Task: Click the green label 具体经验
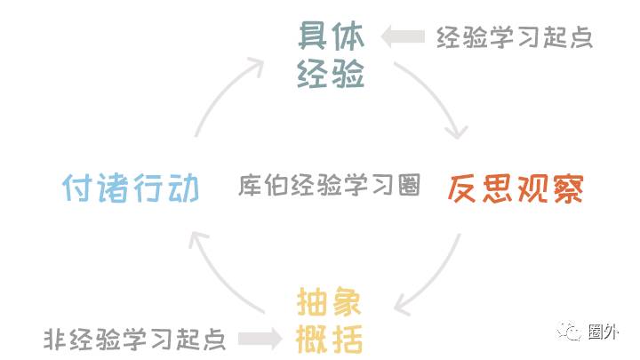tap(331, 56)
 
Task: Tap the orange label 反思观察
tap(515, 188)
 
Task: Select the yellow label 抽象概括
tap(330, 321)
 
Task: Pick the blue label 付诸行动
tap(130, 188)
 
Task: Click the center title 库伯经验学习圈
tap(329, 186)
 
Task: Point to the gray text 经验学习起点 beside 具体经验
tap(514, 36)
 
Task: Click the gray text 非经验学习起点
tap(134, 339)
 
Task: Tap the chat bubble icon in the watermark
tap(568, 331)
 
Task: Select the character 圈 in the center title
tap(408, 186)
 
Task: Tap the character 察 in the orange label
tap(568, 188)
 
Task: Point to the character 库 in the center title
tap(250, 186)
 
